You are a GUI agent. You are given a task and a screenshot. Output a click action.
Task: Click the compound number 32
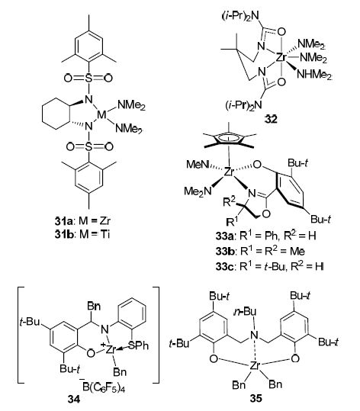[x=271, y=120]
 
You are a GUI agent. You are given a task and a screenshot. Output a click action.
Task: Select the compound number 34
[x=74, y=400]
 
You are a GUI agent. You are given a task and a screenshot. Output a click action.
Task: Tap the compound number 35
[x=256, y=398]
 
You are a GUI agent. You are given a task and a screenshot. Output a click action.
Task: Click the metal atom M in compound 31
[x=101, y=114]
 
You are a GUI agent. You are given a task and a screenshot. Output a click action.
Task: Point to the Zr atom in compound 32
[x=282, y=57]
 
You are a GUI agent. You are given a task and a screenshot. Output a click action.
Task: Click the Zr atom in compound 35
[x=255, y=366]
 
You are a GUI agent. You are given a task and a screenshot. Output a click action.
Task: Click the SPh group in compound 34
[x=138, y=345]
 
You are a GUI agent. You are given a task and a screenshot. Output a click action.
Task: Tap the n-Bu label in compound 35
[x=245, y=311]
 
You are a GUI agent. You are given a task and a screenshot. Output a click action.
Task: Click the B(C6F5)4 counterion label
[x=104, y=387]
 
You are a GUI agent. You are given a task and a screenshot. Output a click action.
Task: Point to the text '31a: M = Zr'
[x=82, y=220]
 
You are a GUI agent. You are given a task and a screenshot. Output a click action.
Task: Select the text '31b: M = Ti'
[x=82, y=234]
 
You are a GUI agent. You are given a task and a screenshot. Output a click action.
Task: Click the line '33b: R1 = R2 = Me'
[x=260, y=251]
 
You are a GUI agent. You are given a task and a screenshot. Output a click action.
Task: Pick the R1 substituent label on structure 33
[x=232, y=221]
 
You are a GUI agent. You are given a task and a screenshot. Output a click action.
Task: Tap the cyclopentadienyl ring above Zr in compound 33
[x=229, y=137]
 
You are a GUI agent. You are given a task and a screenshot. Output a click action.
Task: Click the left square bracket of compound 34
[x=21, y=336]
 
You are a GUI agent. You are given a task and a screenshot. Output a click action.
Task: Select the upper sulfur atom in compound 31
[x=89, y=78]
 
